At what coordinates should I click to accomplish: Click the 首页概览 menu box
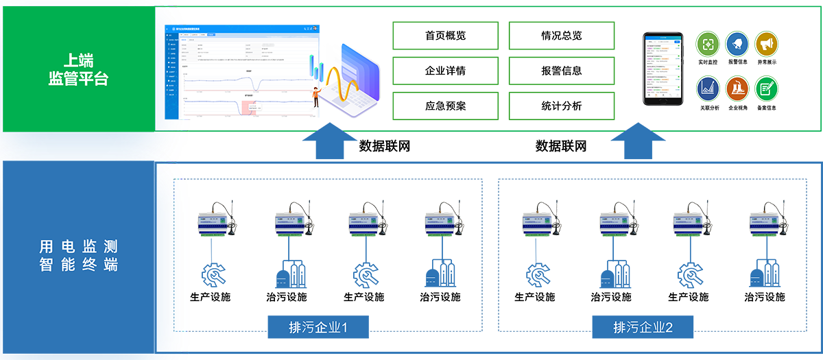point(445,36)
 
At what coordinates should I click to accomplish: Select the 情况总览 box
point(561,36)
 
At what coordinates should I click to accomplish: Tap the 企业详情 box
point(445,71)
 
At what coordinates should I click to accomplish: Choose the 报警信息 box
point(561,71)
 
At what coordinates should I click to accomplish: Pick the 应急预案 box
point(445,106)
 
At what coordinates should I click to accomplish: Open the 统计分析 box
point(561,106)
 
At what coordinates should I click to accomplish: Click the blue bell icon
point(737,44)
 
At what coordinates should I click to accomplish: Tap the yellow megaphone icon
point(766,44)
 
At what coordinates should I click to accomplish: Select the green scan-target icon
point(708,44)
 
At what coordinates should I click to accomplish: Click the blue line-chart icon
point(708,88)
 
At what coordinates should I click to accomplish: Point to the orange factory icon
point(737,88)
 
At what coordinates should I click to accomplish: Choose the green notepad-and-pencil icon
point(766,88)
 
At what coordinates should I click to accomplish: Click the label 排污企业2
point(643,328)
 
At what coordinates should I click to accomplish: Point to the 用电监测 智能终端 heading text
point(79,255)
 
